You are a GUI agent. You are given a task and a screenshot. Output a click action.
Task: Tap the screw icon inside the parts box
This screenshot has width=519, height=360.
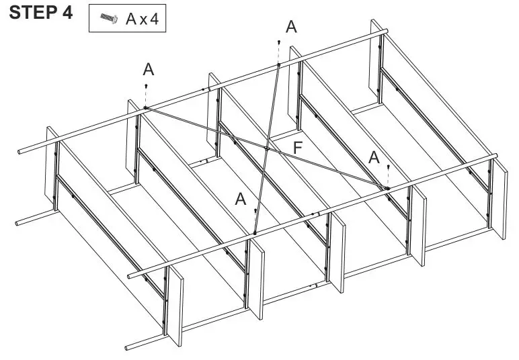point(107,19)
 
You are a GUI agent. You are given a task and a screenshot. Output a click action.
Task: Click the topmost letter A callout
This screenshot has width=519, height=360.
point(290,27)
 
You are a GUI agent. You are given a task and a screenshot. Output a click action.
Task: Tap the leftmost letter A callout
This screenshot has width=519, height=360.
point(148,69)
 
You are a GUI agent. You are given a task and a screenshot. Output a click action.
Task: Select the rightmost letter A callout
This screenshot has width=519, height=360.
point(374,157)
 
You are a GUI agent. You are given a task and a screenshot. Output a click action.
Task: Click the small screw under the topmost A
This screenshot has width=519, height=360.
point(278,43)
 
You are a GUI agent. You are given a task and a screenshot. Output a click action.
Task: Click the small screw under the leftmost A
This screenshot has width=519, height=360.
point(146,87)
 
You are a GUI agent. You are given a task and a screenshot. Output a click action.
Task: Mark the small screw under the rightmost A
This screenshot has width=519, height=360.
point(388,167)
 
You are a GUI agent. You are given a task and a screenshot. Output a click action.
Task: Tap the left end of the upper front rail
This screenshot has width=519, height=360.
point(130,275)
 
